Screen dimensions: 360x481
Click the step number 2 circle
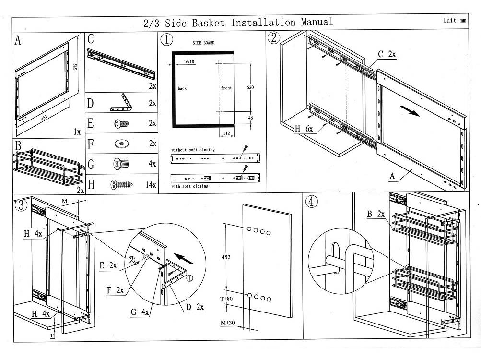(274, 38)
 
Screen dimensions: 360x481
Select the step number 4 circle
(312, 202)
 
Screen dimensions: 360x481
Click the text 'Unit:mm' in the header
(455, 20)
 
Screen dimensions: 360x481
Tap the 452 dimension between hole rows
(226, 257)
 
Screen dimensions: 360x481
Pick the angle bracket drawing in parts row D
(122, 102)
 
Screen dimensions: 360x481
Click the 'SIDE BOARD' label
(203, 43)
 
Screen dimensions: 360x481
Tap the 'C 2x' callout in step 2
(387, 55)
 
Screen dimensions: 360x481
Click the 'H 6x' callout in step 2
(304, 128)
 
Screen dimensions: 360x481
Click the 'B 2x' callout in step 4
(376, 214)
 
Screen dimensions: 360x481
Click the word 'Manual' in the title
(317, 22)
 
